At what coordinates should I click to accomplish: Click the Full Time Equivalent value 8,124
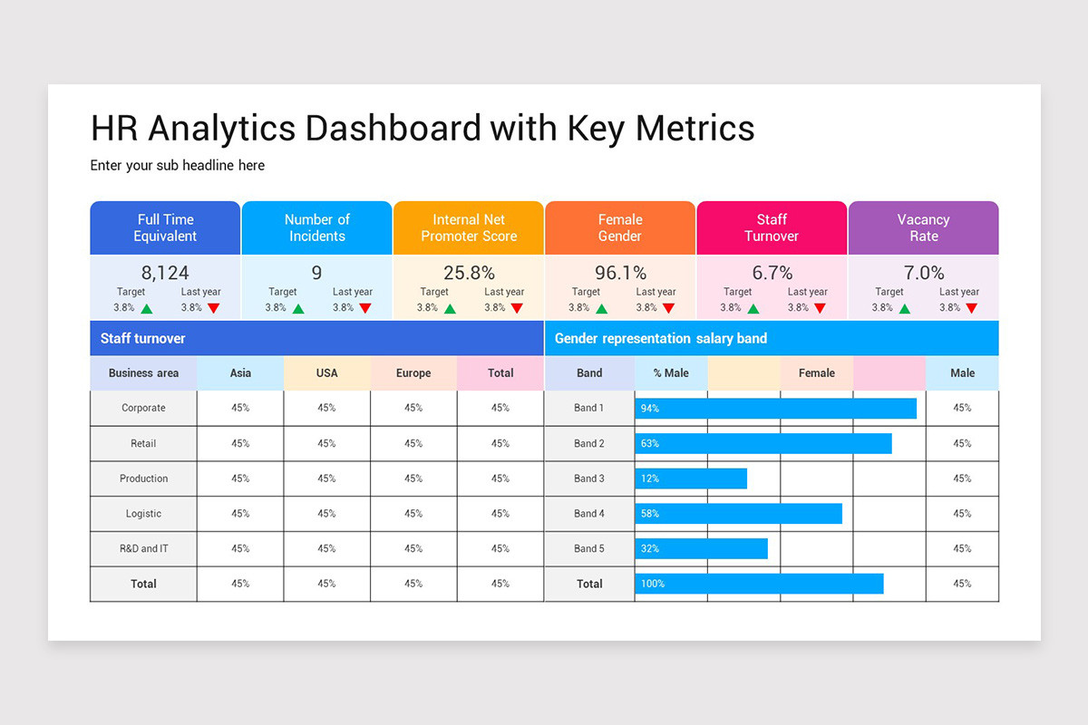coord(165,273)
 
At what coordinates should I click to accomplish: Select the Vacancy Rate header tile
coord(923,227)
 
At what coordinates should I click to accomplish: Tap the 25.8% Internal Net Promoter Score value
coord(469,273)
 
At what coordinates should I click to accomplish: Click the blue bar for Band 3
coord(691,478)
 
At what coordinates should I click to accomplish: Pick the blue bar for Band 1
coord(775,408)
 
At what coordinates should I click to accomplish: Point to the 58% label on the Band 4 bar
coord(649,514)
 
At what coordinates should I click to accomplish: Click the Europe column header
coord(413,373)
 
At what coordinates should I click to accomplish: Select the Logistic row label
coord(143,514)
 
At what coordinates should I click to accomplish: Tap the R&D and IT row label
coord(143,549)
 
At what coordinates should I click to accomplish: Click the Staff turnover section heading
coord(142,339)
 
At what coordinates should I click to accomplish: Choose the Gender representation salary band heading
coord(660,339)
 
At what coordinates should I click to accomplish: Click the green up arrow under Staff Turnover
coord(753,308)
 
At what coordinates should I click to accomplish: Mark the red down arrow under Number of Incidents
coord(364,308)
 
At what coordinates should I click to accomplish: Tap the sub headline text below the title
coord(178,165)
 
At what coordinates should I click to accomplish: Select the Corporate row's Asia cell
coord(240,408)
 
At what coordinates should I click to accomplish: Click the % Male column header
coord(671,373)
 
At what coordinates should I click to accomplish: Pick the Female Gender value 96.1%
coord(620,273)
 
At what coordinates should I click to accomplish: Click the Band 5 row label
coord(589,549)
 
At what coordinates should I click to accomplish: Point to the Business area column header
coord(143,373)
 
